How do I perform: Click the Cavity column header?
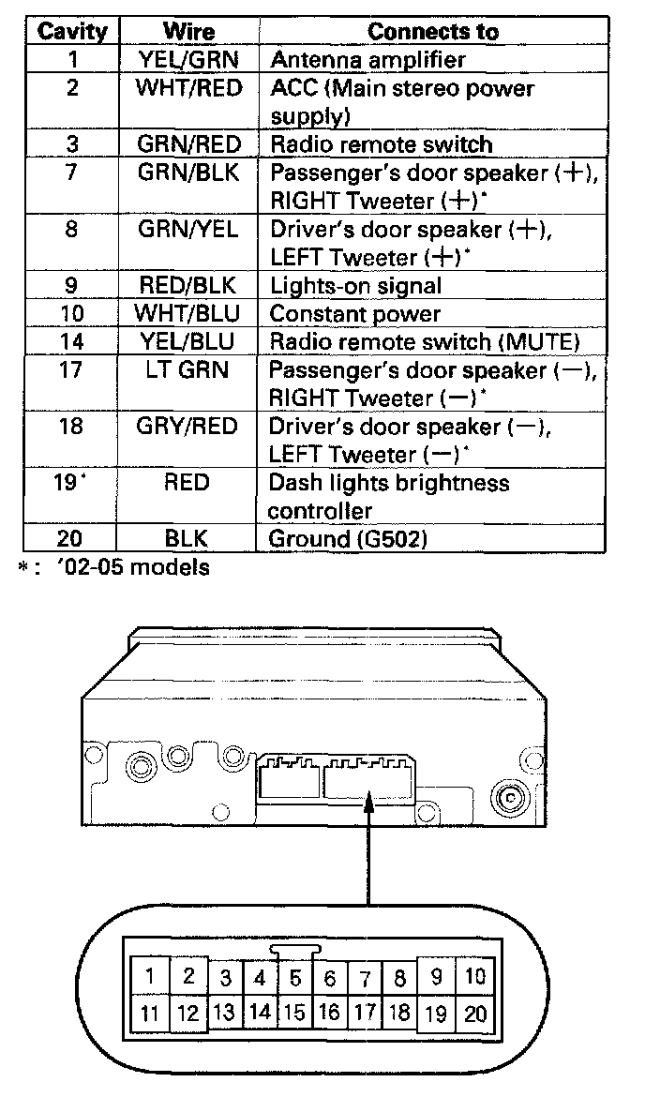pos(71,31)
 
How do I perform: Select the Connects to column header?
pos(432,31)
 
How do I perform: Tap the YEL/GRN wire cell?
pos(188,60)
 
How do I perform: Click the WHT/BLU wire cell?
pos(188,313)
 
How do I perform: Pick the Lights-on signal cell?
pos(354,285)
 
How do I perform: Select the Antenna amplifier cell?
pos(367,60)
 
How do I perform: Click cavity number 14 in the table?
pos(71,341)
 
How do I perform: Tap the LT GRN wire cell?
pos(188,370)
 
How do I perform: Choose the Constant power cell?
pos(354,313)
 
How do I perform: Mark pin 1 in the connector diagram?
pos(149,976)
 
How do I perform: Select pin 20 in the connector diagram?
pos(476,1014)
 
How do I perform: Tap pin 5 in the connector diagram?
pos(294,979)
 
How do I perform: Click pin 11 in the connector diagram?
pos(149,1014)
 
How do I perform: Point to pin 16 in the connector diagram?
pos(329,1013)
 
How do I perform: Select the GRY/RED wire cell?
pos(188,427)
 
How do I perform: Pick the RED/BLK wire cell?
pos(188,285)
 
